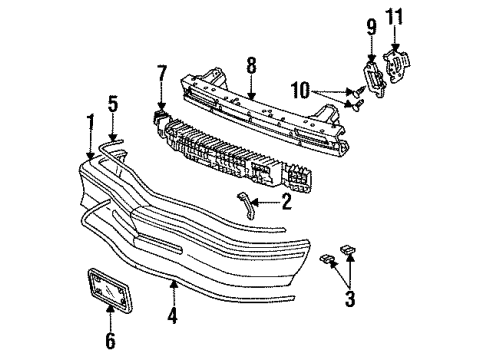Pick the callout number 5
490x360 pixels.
click(113, 105)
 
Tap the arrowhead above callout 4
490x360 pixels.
click(175, 286)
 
